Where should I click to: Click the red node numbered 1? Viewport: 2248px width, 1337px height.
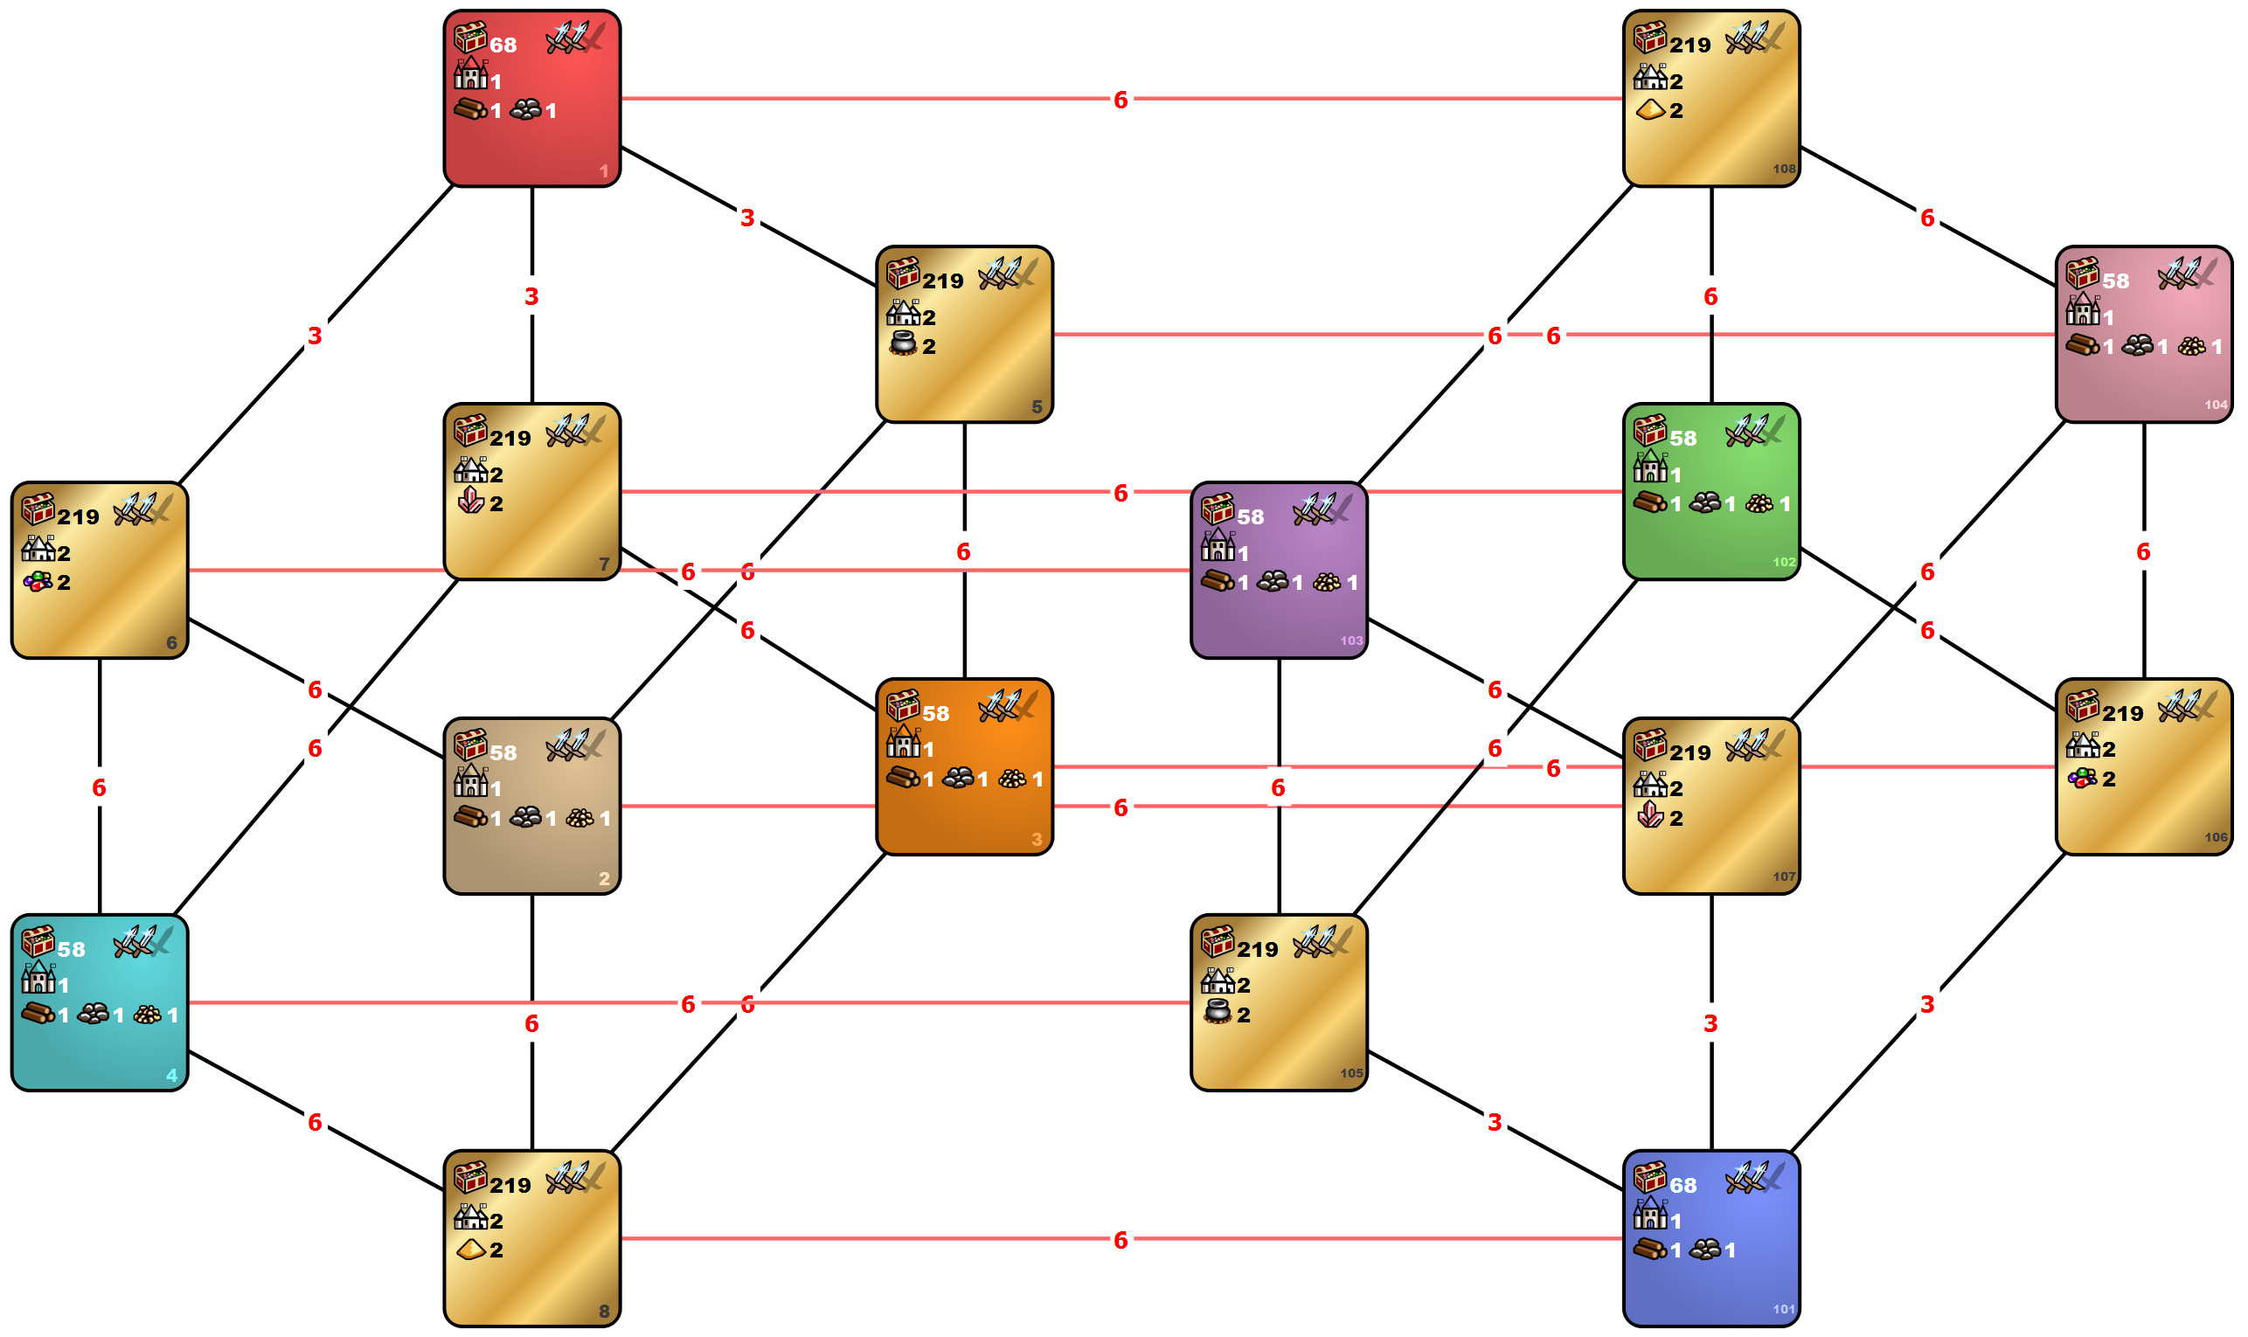[531, 99]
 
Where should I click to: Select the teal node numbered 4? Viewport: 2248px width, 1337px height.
[99, 1003]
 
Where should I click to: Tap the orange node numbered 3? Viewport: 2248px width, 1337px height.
[964, 766]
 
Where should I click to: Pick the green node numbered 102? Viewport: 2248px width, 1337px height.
[1711, 492]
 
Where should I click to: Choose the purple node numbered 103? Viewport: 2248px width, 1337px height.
[1279, 571]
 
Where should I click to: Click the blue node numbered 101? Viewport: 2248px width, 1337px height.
[1711, 1239]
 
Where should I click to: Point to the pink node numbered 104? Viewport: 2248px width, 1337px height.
[2143, 334]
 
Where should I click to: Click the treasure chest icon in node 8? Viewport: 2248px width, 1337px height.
[470, 1178]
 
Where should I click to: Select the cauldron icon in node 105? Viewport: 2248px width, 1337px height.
[1218, 1012]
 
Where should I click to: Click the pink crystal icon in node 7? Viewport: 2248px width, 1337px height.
[470, 500]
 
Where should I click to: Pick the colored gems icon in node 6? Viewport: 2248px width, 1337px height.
[38, 581]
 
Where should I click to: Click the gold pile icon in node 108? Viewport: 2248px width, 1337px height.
[1650, 110]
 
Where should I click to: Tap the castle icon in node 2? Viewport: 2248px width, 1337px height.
[470, 781]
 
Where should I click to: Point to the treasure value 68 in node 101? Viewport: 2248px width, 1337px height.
[1683, 1186]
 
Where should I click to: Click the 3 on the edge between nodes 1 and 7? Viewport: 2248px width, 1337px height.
[531, 296]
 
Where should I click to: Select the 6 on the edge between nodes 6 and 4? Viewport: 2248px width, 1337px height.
[99, 788]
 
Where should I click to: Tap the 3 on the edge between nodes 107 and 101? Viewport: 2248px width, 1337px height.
[1710, 1024]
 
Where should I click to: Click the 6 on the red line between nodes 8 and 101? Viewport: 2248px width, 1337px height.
[1120, 1241]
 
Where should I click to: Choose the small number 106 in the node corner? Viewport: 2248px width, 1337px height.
[2216, 838]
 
